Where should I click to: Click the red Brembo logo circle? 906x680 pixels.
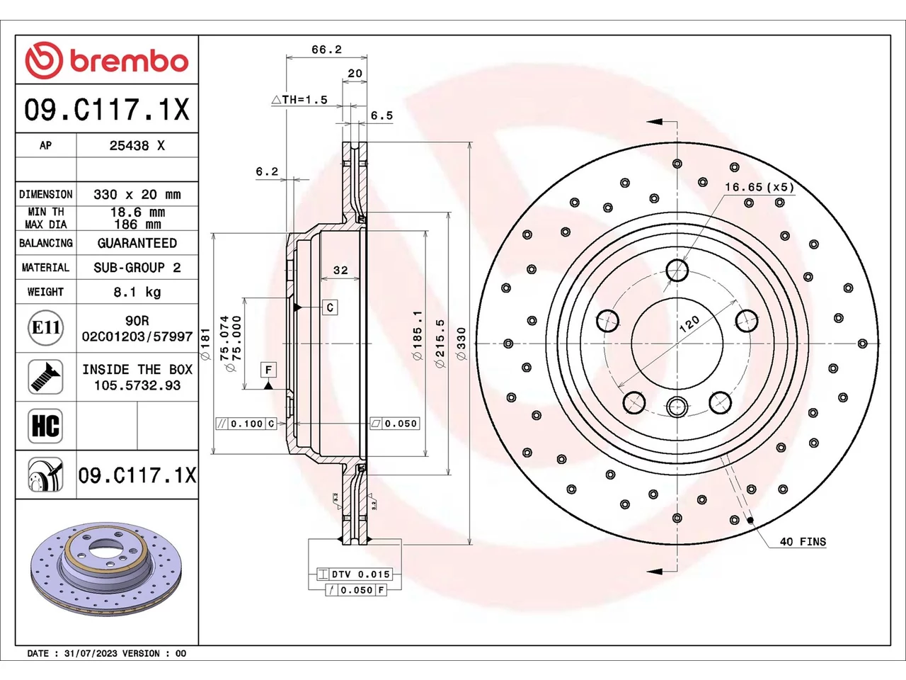(x=44, y=60)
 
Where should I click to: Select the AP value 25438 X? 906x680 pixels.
(x=137, y=146)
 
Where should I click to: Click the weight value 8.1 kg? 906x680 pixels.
(x=137, y=293)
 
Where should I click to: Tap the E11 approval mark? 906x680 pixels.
(x=46, y=328)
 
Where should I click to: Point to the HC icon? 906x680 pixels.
(x=45, y=426)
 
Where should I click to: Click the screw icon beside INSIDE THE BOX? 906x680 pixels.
(x=45, y=377)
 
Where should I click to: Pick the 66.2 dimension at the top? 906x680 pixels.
(x=326, y=50)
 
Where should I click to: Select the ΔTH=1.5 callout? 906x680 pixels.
(x=299, y=99)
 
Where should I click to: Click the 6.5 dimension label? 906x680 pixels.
(x=382, y=115)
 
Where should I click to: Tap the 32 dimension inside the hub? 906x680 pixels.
(x=340, y=270)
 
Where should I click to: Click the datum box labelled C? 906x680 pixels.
(x=331, y=307)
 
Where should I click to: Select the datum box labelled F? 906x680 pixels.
(x=268, y=370)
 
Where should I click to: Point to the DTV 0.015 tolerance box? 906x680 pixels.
(x=354, y=574)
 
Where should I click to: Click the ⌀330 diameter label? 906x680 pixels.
(x=461, y=344)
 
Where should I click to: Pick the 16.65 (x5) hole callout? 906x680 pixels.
(x=759, y=187)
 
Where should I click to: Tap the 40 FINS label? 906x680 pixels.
(x=803, y=541)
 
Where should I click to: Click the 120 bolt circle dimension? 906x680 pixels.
(x=689, y=324)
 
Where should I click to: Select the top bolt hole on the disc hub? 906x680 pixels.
(x=677, y=271)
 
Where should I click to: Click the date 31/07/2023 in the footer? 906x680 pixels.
(x=88, y=654)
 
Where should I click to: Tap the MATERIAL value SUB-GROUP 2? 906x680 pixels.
(x=137, y=268)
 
